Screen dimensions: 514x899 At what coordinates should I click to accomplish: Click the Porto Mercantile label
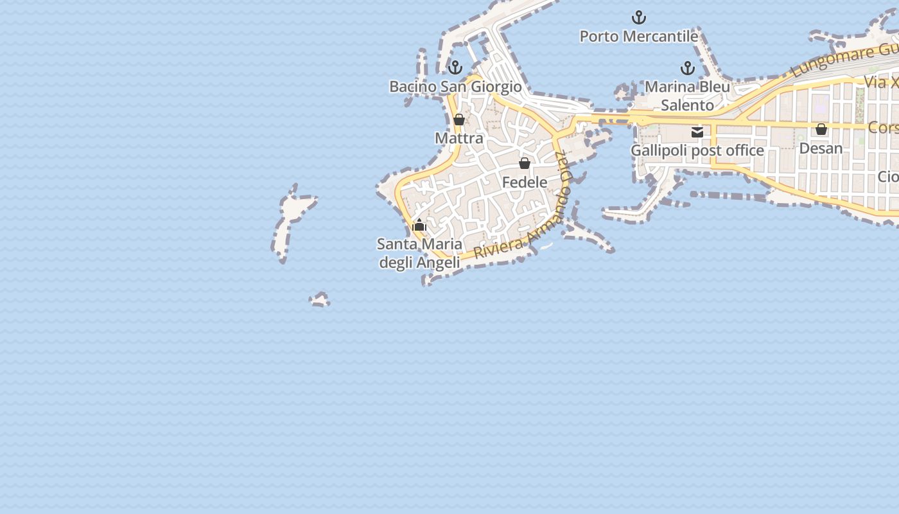(x=638, y=37)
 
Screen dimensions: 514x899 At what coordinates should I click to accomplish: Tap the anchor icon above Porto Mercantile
(x=639, y=17)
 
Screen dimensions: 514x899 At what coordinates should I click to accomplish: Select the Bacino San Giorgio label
(x=455, y=86)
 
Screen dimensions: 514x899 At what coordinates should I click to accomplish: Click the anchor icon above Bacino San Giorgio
(x=455, y=67)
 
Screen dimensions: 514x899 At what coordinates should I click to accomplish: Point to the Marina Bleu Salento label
(x=687, y=96)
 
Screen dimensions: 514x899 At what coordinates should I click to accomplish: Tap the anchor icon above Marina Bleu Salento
(x=688, y=67)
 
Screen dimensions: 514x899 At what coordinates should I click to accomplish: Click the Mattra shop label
(x=458, y=138)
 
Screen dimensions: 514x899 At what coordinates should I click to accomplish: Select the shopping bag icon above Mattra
(x=459, y=120)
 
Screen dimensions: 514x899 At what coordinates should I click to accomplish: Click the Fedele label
(x=525, y=182)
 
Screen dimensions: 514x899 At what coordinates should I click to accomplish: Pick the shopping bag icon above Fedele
(x=525, y=163)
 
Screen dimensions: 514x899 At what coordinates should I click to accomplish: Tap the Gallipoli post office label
(x=697, y=150)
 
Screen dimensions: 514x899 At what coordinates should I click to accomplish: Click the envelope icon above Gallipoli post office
(x=697, y=132)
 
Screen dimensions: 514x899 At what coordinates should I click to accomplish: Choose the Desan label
(x=821, y=148)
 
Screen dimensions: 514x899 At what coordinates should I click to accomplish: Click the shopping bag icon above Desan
(x=821, y=130)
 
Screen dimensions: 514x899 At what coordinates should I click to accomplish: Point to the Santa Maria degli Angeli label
(x=419, y=253)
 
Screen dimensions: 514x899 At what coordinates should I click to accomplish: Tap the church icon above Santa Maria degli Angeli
(x=419, y=225)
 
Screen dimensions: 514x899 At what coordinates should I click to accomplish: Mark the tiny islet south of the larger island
(x=320, y=300)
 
